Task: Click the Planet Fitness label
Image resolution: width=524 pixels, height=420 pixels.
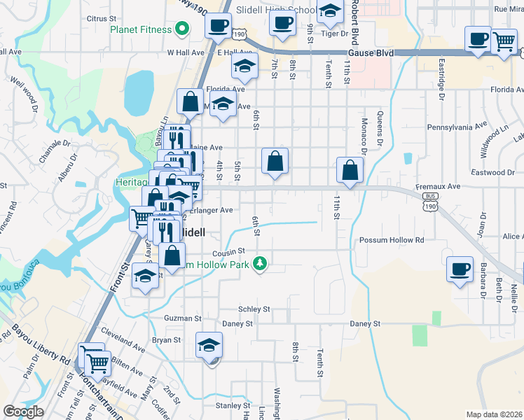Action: [x=141, y=29]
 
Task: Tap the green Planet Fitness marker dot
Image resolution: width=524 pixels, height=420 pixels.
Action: [x=182, y=29]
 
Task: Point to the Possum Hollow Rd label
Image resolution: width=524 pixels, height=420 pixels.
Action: [x=392, y=240]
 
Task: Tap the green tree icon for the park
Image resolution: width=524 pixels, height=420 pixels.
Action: [x=260, y=263]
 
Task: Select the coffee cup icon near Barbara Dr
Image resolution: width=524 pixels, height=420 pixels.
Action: [x=460, y=269]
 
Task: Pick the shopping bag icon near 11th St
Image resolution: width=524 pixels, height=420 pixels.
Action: [x=350, y=170]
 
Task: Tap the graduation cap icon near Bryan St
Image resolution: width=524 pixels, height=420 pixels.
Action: [x=209, y=345]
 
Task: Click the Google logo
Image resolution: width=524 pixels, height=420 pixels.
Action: [x=23, y=412]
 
